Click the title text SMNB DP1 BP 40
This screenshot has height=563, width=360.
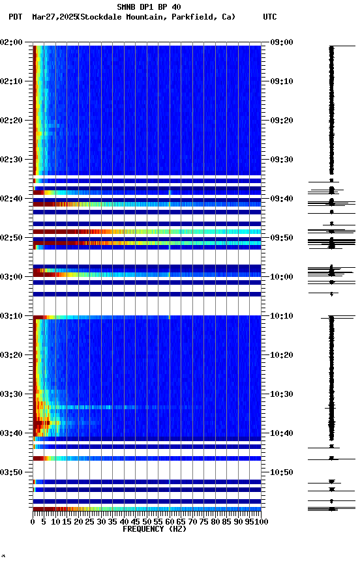click(x=149, y=7)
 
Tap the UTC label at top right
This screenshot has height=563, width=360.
click(x=270, y=17)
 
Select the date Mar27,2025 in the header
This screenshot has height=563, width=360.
click(x=53, y=17)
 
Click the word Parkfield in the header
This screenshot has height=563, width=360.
click(x=193, y=17)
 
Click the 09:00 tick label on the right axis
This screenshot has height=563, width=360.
click(x=282, y=42)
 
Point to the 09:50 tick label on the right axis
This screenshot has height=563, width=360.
click(x=282, y=238)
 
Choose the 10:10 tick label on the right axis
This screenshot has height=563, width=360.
click(x=282, y=316)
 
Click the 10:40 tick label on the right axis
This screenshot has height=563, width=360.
click(x=282, y=433)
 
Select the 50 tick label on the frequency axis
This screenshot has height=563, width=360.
click(x=147, y=521)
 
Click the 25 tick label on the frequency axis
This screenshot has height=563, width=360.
click(x=90, y=521)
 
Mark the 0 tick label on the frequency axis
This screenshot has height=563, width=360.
click(x=33, y=521)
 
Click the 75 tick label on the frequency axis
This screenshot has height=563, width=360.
click(x=205, y=521)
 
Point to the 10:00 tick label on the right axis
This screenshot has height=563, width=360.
click(x=282, y=277)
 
